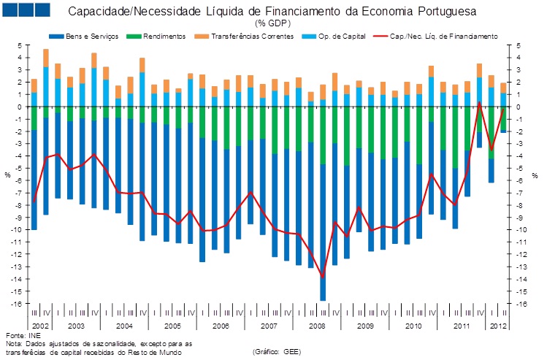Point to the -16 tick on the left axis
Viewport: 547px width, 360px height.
(x=20, y=304)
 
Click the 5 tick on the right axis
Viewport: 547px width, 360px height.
(x=518, y=45)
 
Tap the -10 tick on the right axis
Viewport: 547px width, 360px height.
(x=520, y=230)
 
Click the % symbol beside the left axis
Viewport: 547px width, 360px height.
(x=8, y=175)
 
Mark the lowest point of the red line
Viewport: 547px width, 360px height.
(x=322, y=275)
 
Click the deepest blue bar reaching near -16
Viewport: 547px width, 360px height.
(x=322, y=296)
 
